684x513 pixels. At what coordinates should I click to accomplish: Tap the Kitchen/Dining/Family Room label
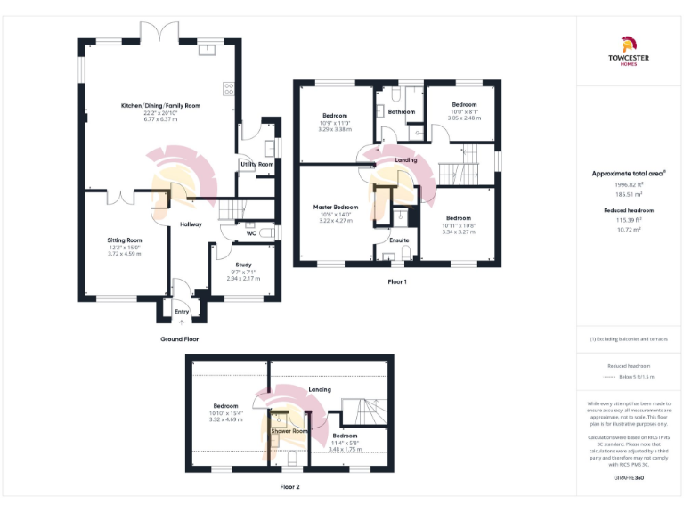(x=160, y=105)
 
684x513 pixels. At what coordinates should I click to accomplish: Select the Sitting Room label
(x=125, y=240)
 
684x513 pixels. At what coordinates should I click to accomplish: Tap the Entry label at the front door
(x=182, y=312)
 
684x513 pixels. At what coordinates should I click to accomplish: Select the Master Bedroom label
(x=335, y=207)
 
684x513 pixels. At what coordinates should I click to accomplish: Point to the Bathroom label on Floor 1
(x=401, y=111)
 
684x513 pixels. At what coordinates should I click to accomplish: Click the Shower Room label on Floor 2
(x=289, y=431)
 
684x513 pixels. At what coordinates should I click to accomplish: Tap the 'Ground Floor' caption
(x=180, y=339)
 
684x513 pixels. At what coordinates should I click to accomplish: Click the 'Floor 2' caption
(x=289, y=487)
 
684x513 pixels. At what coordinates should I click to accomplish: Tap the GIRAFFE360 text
(x=629, y=479)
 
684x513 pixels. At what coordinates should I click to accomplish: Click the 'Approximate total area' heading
(x=627, y=173)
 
